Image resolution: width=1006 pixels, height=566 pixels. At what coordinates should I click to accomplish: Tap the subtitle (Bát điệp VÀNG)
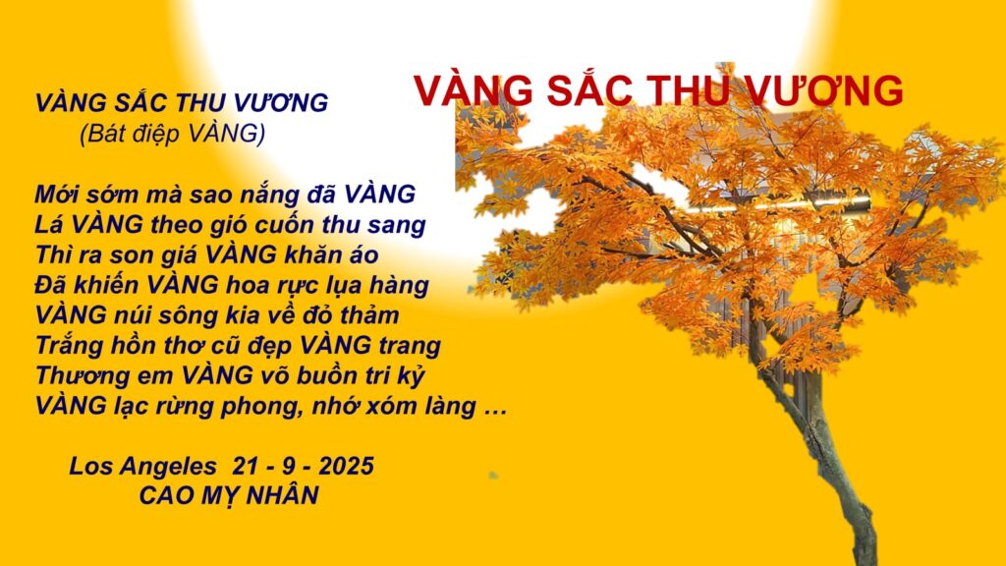tap(173, 134)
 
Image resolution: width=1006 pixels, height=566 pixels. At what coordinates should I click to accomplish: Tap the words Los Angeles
tap(143, 467)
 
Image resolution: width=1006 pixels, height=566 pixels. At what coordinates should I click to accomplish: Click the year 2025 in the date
tap(346, 466)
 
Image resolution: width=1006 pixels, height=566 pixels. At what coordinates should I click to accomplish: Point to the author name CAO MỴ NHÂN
tap(229, 495)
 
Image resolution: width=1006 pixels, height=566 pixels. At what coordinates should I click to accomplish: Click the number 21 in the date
tap(246, 466)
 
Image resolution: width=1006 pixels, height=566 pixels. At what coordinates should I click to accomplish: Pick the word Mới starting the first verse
tap(56, 195)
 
